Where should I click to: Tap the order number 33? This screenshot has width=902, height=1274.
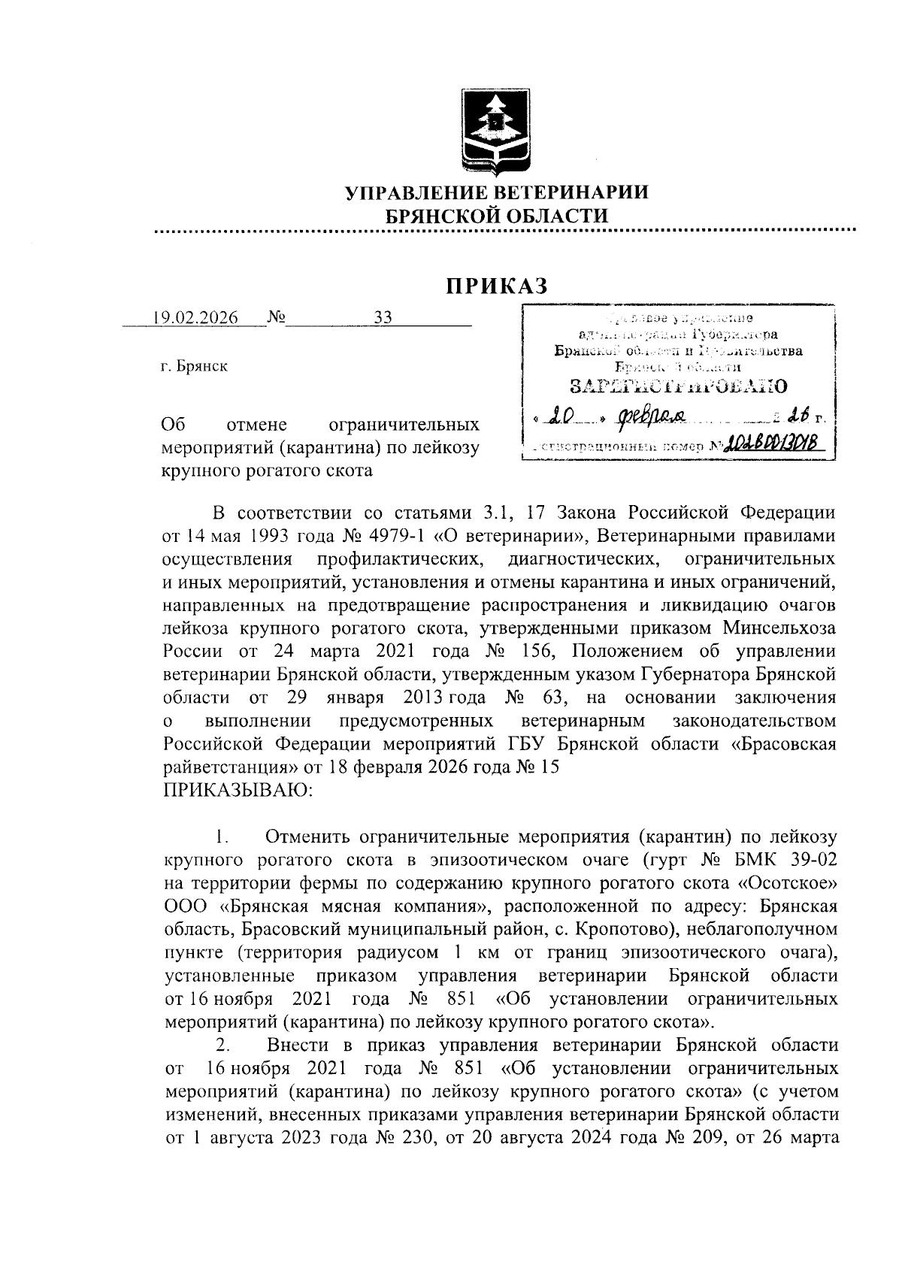383,317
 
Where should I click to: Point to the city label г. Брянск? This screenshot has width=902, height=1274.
195,367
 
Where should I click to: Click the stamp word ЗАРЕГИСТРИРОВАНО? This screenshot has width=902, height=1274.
679,387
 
